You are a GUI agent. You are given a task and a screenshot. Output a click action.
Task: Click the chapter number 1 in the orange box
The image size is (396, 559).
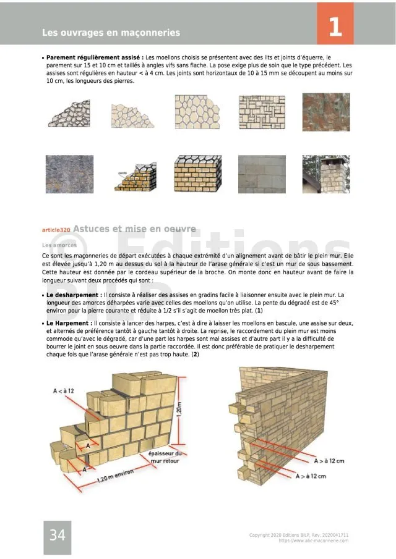point(335,27)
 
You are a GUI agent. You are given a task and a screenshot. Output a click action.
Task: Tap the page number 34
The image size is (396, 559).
point(57,535)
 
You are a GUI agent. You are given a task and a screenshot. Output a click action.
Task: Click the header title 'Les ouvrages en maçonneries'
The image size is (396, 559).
point(111,32)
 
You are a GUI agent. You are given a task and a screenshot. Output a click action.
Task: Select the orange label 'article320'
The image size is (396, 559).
point(56,230)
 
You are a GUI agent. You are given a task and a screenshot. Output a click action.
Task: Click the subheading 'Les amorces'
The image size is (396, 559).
point(59,245)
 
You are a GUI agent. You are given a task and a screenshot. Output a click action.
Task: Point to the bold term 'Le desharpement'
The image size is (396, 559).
point(73,296)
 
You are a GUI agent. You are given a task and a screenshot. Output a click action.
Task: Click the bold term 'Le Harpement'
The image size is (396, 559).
point(69,323)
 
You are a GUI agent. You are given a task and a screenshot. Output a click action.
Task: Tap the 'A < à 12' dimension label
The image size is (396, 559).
point(64,391)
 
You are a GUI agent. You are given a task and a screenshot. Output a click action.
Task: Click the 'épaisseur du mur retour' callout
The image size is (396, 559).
point(165,458)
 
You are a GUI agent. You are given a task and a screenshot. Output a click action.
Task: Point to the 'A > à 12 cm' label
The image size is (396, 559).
point(329,461)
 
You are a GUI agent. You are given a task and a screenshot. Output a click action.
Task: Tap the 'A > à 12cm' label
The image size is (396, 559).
point(311,476)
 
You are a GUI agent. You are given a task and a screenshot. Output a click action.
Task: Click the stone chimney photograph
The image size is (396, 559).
point(325,174)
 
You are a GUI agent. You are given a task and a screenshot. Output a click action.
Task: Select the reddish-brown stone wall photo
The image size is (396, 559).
point(325,112)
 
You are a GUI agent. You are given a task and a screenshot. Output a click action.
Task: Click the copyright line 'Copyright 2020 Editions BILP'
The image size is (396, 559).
point(298,535)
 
